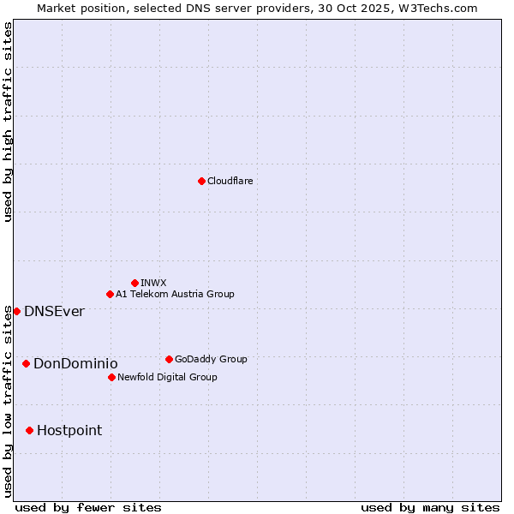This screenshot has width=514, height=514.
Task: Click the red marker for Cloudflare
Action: (201, 181)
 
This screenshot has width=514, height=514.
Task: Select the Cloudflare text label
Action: (230, 181)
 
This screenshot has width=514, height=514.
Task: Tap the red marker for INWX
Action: (134, 283)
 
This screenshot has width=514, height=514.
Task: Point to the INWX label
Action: (154, 283)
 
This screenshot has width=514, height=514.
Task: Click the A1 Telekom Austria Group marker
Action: (110, 294)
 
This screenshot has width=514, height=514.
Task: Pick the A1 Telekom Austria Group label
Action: (175, 294)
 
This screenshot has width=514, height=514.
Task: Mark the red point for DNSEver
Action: (16, 311)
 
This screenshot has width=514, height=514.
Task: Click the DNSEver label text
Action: (54, 311)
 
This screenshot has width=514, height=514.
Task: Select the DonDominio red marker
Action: (26, 363)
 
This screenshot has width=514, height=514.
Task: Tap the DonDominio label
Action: (75, 363)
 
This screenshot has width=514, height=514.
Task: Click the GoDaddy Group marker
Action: (169, 359)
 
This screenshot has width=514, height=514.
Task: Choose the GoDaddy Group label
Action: (211, 359)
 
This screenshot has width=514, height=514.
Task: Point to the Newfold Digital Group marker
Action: (111, 377)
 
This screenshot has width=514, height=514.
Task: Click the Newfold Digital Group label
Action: (167, 377)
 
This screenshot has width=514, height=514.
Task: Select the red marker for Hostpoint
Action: (29, 430)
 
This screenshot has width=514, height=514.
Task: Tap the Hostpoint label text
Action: (69, 430)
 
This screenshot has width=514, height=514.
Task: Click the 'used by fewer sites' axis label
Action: (88, 507)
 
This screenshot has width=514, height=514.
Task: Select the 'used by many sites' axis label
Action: (430, 507)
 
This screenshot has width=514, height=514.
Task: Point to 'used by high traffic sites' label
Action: (8, 123)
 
